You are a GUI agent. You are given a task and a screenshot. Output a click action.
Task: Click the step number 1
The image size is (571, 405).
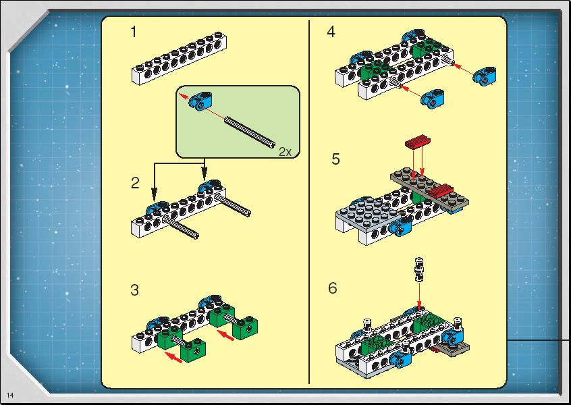click(x=134, y=32)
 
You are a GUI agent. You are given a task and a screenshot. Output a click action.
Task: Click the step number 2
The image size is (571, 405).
click(x=135, y=183)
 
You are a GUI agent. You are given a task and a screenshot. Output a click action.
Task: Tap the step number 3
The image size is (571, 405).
click(x=134, y=290)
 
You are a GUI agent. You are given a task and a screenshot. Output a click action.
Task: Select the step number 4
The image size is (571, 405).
click(x=331, y=32)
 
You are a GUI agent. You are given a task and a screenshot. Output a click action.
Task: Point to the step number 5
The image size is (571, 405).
click(x=335, y=159)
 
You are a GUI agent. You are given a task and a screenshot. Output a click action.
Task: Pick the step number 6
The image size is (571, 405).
click(x=333, y=288)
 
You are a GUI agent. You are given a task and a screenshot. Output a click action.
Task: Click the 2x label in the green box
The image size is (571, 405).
click(x=285, y=151)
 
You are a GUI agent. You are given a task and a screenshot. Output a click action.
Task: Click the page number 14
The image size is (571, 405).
click(x=10, y=396)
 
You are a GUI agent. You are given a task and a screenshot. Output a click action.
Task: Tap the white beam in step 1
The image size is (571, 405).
click(x=179, y=58)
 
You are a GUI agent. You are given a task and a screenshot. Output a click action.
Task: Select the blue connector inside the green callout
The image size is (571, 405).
click(x=200, y=100)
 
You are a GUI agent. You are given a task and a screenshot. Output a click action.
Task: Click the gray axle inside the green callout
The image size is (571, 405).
click(x=250, y=132)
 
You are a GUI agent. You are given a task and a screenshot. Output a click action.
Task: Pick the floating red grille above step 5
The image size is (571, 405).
click(x=418, y=141)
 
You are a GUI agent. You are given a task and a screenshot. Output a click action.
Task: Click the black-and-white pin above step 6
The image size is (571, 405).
click(x=420, y=269)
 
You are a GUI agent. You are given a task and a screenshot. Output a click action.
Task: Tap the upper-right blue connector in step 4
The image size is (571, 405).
click(x=485, y=76)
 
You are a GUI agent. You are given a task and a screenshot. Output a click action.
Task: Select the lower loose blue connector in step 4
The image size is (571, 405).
click(x=432, y=99)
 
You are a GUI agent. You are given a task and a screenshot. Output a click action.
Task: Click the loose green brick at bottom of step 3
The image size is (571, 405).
click(x=192, y=350)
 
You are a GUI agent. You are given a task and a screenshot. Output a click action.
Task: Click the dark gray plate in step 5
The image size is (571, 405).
click(x=430, y=190)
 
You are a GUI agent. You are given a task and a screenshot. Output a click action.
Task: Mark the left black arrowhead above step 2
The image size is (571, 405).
click(x=155, y=194)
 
